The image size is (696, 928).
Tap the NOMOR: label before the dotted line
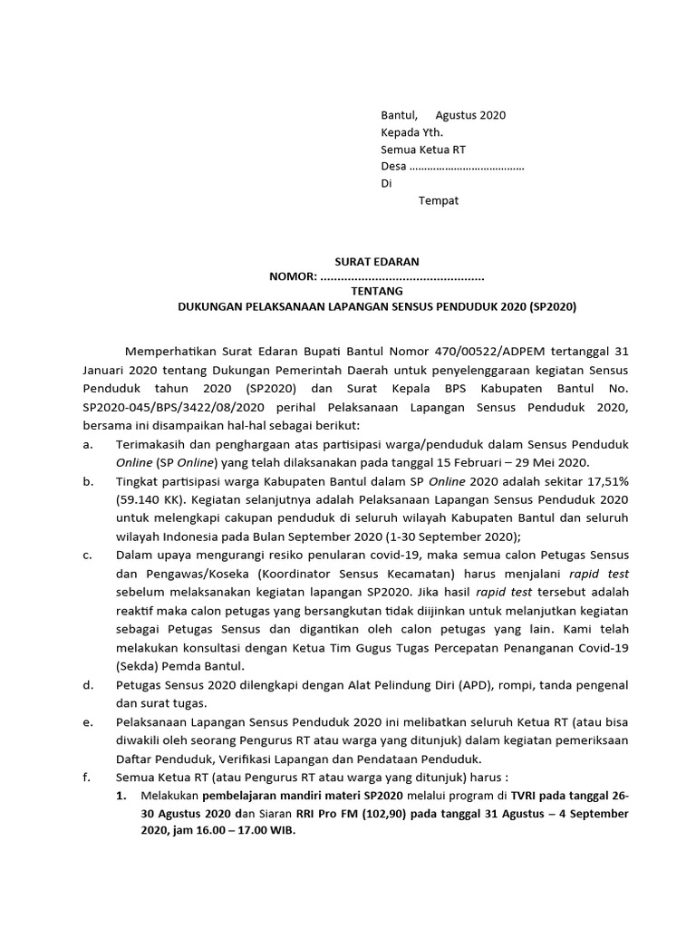[x=293, y=276]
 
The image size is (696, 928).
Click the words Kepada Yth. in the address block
[x=411, y=132]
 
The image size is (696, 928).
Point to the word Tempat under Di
[x=438, y=200]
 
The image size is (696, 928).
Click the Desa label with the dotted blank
[x=393, y=167]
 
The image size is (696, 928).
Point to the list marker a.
[x=87, y=445]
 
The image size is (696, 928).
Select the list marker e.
[x=87, y=722]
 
